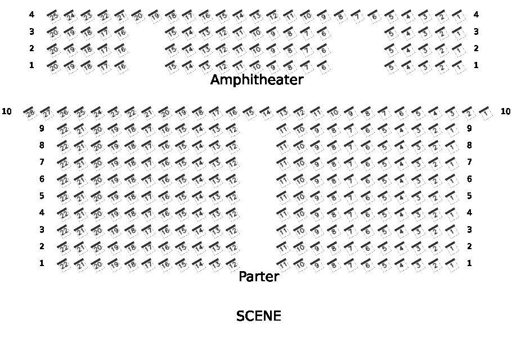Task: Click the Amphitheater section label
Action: tap(257, 80)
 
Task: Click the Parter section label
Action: tap(259, 277)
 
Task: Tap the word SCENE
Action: tap(259, 316)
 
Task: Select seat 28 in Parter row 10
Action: tap(30, 112)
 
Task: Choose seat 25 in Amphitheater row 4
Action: tap(54, 16)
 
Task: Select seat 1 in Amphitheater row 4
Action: tap(459, 16)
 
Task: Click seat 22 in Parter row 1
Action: tap(64, 264)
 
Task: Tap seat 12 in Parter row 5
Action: tap(233, 197)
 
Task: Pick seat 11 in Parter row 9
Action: tap(284, 129)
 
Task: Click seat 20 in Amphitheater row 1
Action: tap(54, 66)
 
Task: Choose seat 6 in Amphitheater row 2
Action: tap(323, 49)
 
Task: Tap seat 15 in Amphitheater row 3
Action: tap(172, 33)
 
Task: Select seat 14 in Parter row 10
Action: tap(267, 112)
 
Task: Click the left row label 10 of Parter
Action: tap(7, 111)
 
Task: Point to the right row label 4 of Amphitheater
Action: tap(476, 15)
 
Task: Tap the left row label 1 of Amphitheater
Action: tap(32, 65)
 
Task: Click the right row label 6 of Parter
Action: tap(469, 179)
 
